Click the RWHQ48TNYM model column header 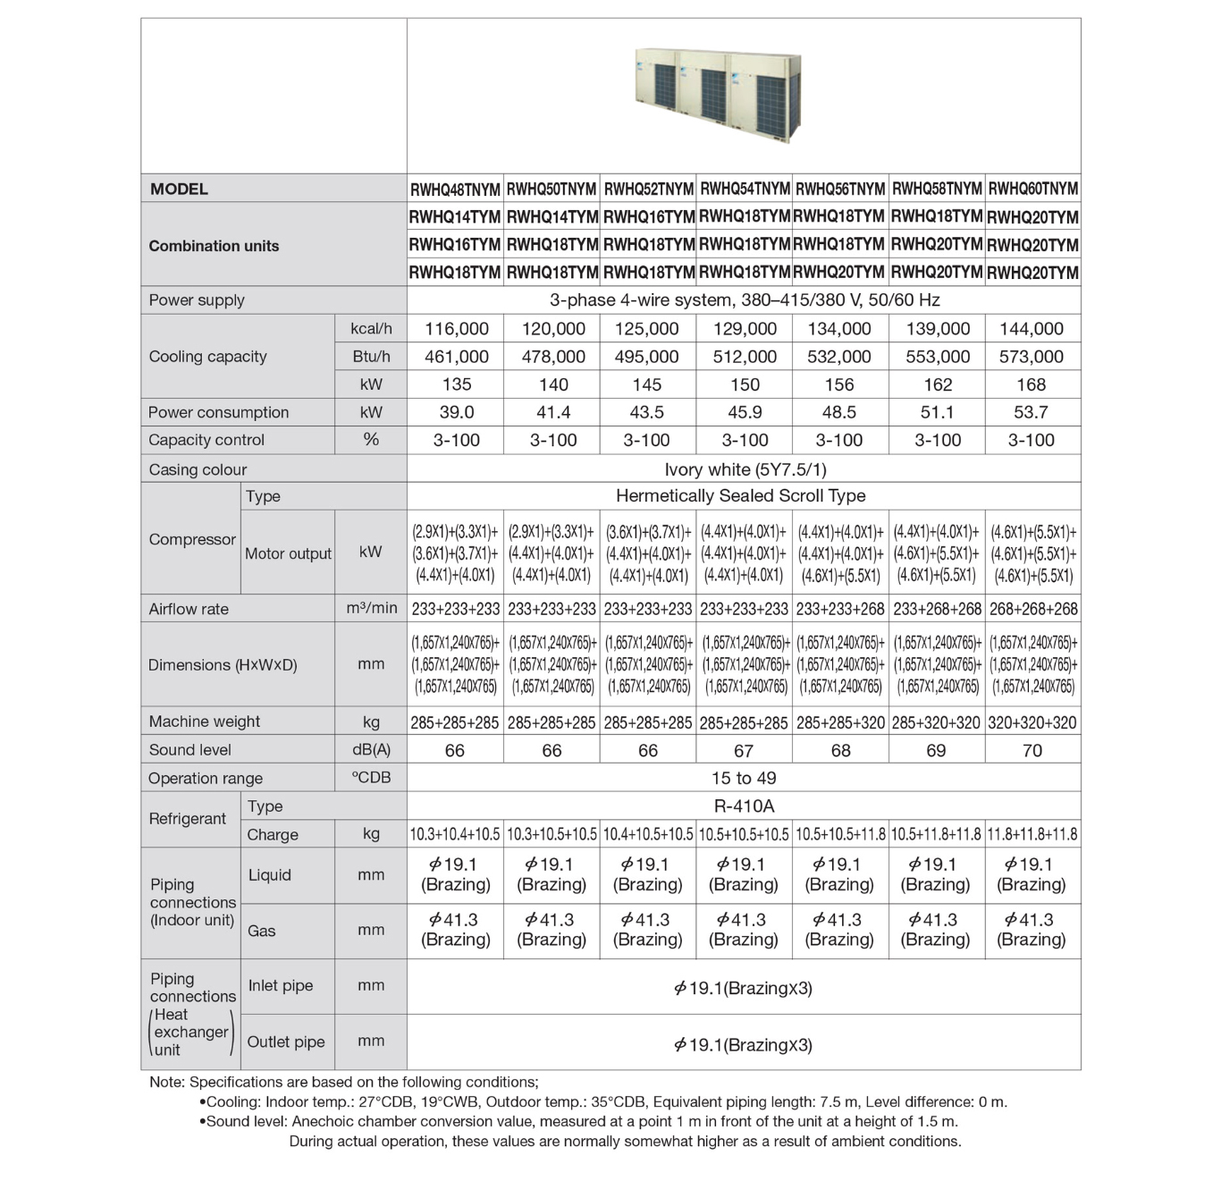click(455, 190)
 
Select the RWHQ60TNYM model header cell click(1032, 190)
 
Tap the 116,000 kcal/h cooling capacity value click(456, 329)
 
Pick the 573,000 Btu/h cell click(1031, 357)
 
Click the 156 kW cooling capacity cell click(838, 384)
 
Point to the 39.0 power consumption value click(456, 412)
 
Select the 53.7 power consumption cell click(1031, 412)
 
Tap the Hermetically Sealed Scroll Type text click(740, 495)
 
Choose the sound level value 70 click(1032, 750)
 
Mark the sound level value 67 click(744, 750)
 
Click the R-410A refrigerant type click(744, 806)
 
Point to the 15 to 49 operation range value click(744, 778)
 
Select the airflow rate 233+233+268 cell click(840, 609)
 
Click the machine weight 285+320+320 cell click(936, 722)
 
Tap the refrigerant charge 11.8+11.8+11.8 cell click(1032, 834)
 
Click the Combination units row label click(214, 246)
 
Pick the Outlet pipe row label click(286, 1042)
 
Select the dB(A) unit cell click(371, 750)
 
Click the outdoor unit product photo click(718, 91)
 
